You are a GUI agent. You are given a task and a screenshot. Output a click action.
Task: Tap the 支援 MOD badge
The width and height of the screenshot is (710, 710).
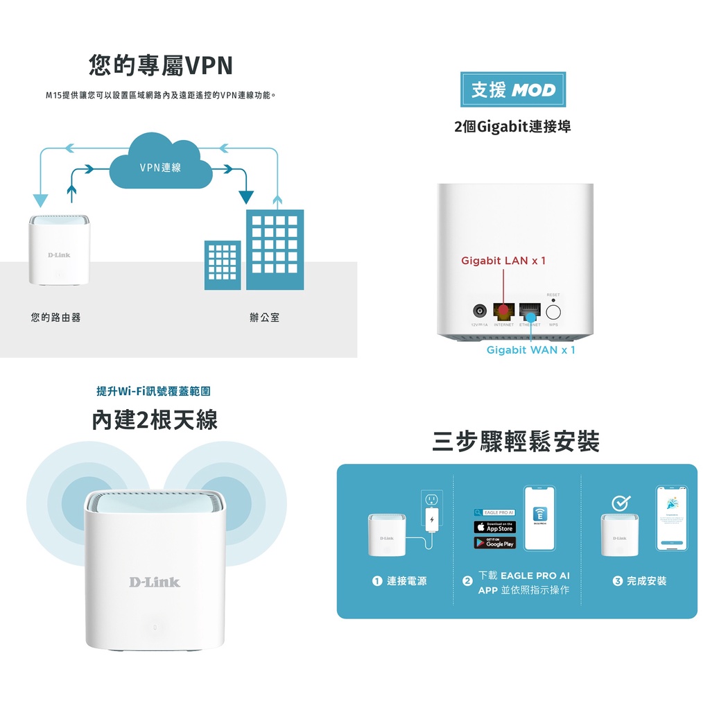coord(512,89)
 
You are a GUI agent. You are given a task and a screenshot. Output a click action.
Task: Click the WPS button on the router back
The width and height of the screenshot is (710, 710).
coord(553,311)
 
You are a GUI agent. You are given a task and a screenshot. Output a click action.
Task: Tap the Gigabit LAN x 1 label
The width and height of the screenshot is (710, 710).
coord(503,261)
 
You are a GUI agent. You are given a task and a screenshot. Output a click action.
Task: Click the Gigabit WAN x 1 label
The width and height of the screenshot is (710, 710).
coord(530,350)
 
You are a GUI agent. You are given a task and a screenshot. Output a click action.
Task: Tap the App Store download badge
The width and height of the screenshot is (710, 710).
coord(494,528)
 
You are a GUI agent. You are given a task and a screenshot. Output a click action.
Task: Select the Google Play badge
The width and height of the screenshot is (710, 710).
coord(494,543)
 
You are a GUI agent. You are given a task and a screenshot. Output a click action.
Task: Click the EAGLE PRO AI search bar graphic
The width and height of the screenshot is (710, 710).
coord(494,512)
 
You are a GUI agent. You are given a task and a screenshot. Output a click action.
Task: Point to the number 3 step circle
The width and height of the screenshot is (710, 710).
coord(617,581)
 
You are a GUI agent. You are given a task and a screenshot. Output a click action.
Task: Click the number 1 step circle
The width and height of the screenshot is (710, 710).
coord(376,581)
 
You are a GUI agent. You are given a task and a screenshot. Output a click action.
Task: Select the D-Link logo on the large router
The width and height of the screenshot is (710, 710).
coord(154,582)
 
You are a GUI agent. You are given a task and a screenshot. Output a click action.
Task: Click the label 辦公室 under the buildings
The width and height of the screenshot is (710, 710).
coord(264,318)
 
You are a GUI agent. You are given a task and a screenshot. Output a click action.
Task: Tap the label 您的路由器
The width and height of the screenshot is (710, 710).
coord(55,318)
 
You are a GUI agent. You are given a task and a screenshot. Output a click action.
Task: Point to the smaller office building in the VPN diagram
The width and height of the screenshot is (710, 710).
coord(223,264)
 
